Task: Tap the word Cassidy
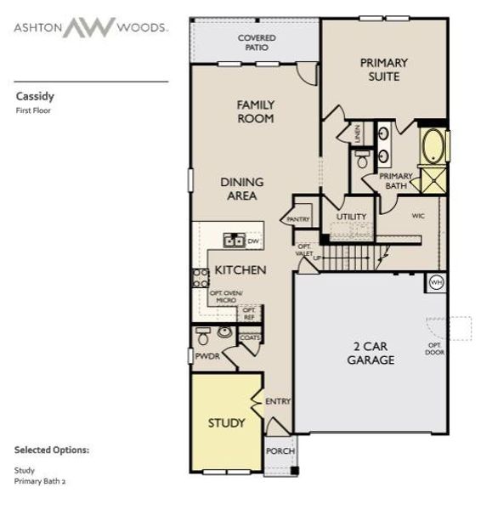[x=33, y=96]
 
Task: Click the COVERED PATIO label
[x=255, y=42]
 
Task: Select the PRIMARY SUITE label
[x=383, y=69]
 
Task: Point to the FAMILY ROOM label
[x=255, y=111]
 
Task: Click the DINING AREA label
[x=242, y=189]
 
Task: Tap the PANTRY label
[x=298, y=219]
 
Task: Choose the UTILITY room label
[x=350, y=217]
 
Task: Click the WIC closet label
[x=418, y=216]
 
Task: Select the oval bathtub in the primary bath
[x=433, y=146]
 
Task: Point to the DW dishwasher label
[x=252, y=241]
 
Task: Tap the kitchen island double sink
[x=234, y=241]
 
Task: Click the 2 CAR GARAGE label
[x=371, y=353]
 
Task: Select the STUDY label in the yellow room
[x=226, y=422]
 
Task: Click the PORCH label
[x=279, y=451]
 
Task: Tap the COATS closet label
[x=250, y=337]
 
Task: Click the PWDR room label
[x=207, y=356]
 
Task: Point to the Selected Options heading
[x=51, y=450]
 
